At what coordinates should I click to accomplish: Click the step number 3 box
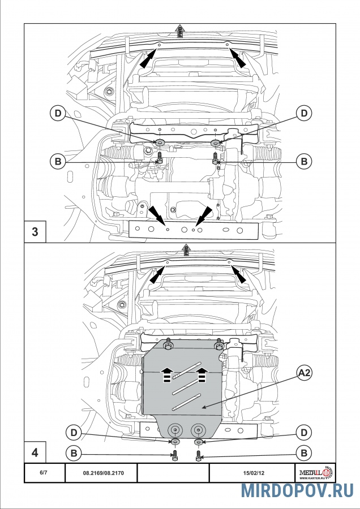click(35, 232)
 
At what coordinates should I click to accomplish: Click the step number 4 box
click(35, 452)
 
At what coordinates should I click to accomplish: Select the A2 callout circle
click(305, 372)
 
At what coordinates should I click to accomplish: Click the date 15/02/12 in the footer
click(253, 472)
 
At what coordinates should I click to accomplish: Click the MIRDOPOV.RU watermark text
click(297, 491)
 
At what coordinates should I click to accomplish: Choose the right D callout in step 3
click(304, 114)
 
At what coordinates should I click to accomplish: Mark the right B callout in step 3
click(304, 162)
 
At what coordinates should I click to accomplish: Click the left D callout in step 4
click(73, 433)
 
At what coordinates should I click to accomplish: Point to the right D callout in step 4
click(304, 433)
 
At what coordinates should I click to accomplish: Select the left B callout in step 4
click(73, 453)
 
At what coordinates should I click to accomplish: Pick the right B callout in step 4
click(304, 453)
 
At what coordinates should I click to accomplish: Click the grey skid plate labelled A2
click(181, 390)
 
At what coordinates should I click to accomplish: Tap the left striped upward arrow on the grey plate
click(167, 374)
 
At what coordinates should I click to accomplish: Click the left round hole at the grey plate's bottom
click(175, 428)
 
